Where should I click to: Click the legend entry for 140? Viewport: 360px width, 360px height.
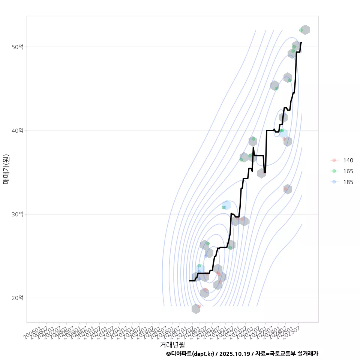click(348, 160)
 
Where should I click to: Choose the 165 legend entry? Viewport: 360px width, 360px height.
click(348, 171)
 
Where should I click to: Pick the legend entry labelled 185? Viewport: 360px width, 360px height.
click(348, 182)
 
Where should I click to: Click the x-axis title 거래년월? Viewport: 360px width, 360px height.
click(172, 344)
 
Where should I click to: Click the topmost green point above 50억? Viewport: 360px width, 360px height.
click(301, 30)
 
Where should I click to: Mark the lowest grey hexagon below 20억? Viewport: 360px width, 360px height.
click(196, 309)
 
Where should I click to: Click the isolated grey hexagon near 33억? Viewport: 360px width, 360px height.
click(288, 189)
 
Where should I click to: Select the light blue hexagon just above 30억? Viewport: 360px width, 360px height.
click(226, 205)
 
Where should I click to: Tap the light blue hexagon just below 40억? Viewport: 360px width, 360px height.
click(283, 133)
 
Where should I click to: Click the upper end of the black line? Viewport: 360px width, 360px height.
click(301, 43)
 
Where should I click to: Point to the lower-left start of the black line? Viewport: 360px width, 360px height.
click(190, 280)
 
